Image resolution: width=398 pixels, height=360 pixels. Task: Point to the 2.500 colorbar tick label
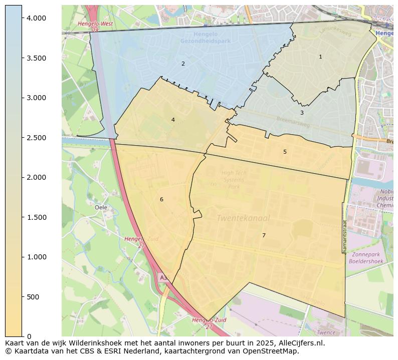pos(36,138)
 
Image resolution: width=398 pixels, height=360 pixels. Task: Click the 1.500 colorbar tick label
pos(36,217)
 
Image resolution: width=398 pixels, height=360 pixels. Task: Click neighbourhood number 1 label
pos(321,57)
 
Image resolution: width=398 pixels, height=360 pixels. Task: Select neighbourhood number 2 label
pos(183,64)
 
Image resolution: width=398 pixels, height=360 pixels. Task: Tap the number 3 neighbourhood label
pos(302,113)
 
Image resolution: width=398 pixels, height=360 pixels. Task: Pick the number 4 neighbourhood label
pos(173,120)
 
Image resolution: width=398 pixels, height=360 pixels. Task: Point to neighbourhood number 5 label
pos(285,152)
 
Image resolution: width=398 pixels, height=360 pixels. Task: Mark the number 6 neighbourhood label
pos(161,199)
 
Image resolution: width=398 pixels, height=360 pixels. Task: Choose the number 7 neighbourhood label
pos(264,235)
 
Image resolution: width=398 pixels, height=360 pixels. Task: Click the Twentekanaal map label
pos(243,218)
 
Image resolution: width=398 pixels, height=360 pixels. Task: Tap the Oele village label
pos(101,207)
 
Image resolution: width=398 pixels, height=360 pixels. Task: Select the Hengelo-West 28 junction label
pos(95,27)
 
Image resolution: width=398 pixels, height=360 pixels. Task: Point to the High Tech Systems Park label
pos(234,180)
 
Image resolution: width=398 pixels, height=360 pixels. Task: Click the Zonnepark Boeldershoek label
pos(365,258)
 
